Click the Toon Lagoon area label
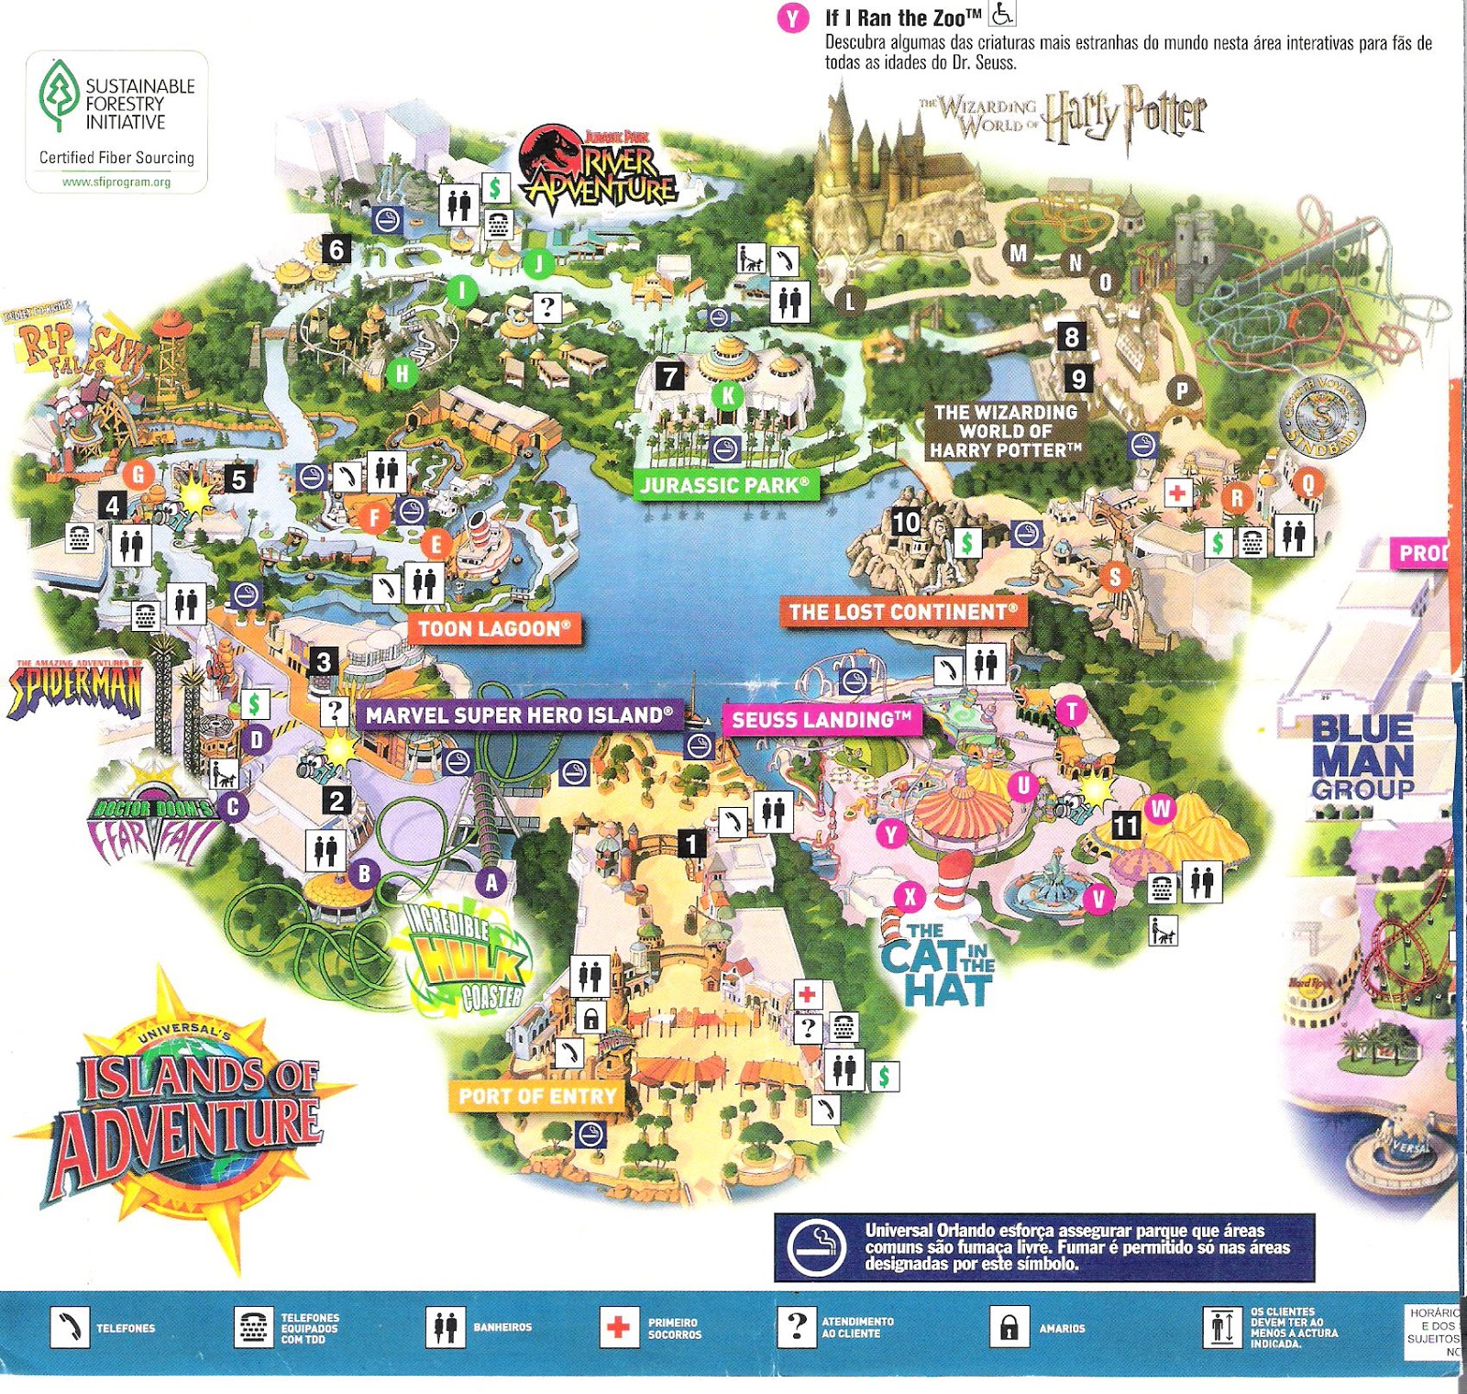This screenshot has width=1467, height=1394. pyautogui.click(x=494, y=628)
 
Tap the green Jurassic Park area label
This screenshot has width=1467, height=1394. pyautogui.click(x=724, y=484)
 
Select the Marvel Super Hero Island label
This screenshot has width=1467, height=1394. pyautogui.click(x=519, y=714)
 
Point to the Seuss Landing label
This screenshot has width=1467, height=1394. pyautogui.click(x=822, y=720)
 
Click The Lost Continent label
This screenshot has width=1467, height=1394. pyautogui.click(x=903, y=612)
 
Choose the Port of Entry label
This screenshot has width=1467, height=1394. pyautogui.click(x=537, y=1096)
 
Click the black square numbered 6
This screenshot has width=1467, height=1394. pyautogui.click(x=336, y=249)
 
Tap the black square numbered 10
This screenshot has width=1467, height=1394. pyautogui.click(x=906, y=522)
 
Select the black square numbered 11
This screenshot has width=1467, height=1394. pyautogui.click(x=1126, y=825)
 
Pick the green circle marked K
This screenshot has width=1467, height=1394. pyautogui.click(x=728, y=395)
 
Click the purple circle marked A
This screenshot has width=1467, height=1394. pyautogui.click(x=491, y=882)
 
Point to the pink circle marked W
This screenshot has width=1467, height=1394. pyautogui.click(x=1161, y=808)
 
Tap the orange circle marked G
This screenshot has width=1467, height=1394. pyautogui.click(x=138, y=474)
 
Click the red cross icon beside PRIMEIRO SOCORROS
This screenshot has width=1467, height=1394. pyautogui.click(x=619, y=1327)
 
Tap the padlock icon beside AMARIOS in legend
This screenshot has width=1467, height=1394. pyautogui.click(x=1009, y=1327)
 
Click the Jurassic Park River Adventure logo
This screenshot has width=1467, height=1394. pyautogui.click(x=599, y=170)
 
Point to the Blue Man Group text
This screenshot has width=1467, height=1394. pyautogui.click(x=1362, y=758)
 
